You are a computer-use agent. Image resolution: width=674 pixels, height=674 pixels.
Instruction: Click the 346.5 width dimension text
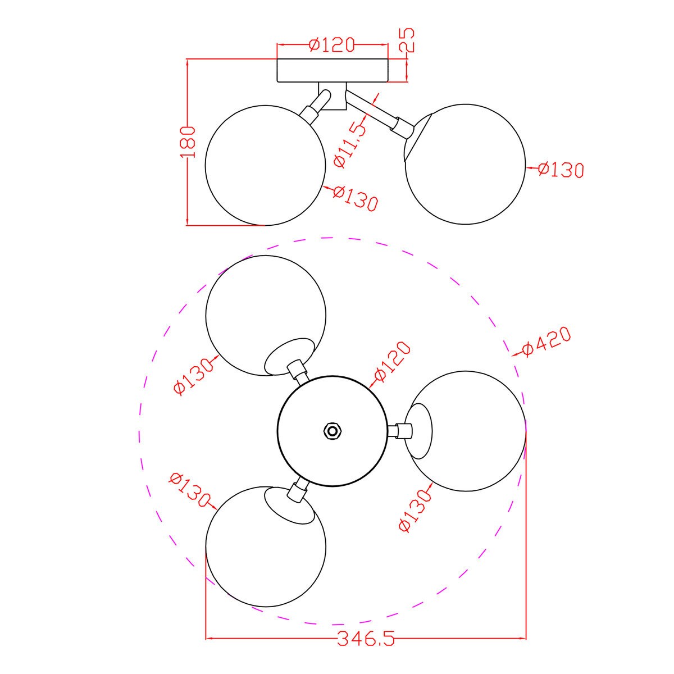click(x=366, y=639)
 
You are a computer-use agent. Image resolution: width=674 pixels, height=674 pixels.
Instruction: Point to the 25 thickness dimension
click(x=407, y=40)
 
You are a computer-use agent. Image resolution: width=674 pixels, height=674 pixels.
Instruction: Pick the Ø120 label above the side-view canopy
click(x=332, y=44)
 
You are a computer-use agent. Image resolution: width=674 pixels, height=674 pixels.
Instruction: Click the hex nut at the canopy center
click(x=332, y=431)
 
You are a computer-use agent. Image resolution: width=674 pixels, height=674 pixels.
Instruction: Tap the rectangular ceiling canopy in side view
click(x=333, y=71)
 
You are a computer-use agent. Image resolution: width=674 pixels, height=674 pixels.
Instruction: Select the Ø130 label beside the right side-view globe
click(x=561, y=170)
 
